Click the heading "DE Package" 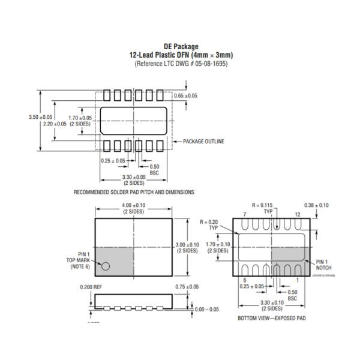point(181,47)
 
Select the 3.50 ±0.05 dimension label point(40,117)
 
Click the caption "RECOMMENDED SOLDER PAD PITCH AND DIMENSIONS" point(134,193)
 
